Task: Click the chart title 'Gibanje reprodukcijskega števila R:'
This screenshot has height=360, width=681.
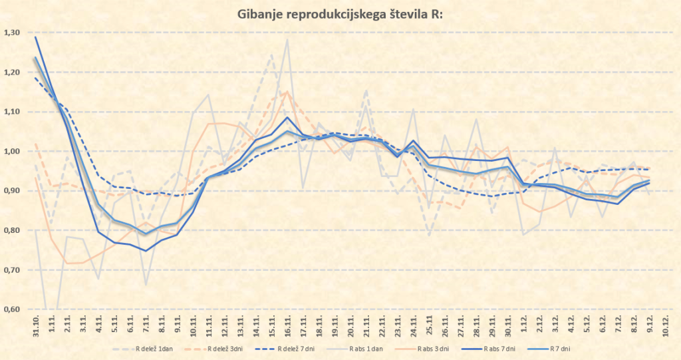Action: pos(340,14)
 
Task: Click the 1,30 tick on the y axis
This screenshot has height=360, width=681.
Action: pos(12,33)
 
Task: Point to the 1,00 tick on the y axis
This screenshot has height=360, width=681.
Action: pos(12,152)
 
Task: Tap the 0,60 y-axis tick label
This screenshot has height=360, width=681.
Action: pos(12,309)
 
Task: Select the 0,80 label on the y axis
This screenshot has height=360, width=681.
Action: pos(12,231)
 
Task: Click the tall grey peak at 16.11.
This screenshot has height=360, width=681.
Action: pos(287,39)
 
